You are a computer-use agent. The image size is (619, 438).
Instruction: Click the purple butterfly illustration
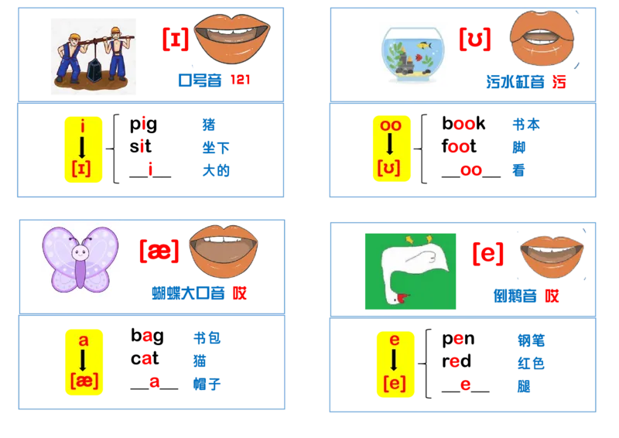(x=80, y=261)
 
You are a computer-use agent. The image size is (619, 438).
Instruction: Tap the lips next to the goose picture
(x=551, y=255)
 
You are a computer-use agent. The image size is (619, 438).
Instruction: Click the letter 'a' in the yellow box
(x=83, y=340)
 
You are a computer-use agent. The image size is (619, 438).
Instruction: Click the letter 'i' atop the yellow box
(x=83, y=126)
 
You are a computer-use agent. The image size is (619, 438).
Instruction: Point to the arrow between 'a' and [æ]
(x=83, y=360)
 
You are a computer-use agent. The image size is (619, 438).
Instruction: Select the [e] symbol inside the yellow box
(x=393, y=382)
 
